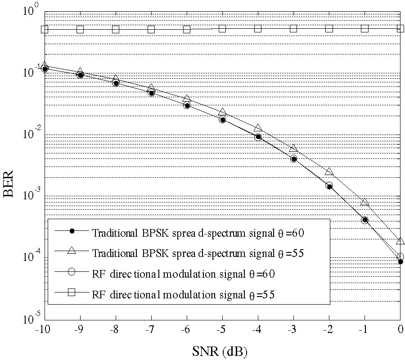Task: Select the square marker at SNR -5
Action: [222, 29]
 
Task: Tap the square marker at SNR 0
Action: [400, 29]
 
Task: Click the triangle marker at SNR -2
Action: [329, 171]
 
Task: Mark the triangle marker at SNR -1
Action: [365, 202]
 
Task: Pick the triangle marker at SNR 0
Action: [400, 241]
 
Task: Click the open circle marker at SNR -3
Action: [293, 158]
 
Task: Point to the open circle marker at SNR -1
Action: [365, 220]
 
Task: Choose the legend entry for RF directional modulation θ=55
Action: [183, 295]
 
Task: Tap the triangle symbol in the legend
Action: [72, 252]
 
